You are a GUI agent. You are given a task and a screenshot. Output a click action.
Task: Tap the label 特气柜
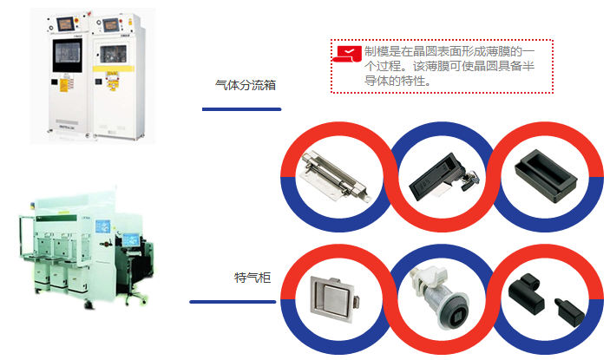click(x=253, y=278)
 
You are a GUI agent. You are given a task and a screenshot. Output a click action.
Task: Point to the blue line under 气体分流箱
click(x=241, y=109)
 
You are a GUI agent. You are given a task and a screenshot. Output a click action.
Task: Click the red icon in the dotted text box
click(x=347, y=53)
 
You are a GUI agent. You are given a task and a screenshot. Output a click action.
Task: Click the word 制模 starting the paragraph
click(x=375, y=53)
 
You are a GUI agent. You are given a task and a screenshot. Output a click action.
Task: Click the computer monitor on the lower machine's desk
click(x=130, y=238)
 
